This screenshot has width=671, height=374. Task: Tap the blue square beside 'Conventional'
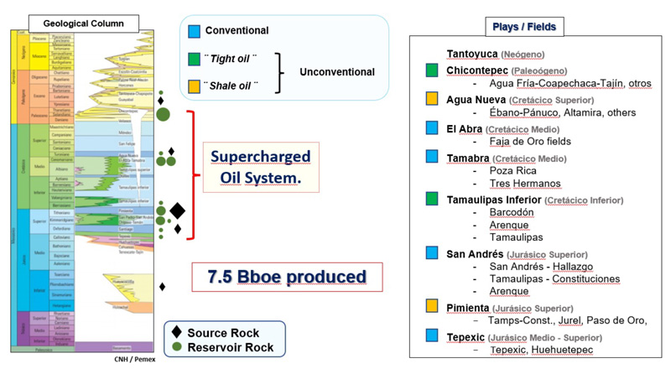point(195,31)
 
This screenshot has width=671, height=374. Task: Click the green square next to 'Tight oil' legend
point(195,58)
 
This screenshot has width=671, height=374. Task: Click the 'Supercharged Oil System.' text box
point(260,167)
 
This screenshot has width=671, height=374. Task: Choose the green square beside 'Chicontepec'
point(432,70)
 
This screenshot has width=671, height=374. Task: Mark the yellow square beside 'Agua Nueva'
point(432,99)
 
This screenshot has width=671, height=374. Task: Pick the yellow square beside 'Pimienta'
point(432,305)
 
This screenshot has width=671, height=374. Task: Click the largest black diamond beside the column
point(177,210)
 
